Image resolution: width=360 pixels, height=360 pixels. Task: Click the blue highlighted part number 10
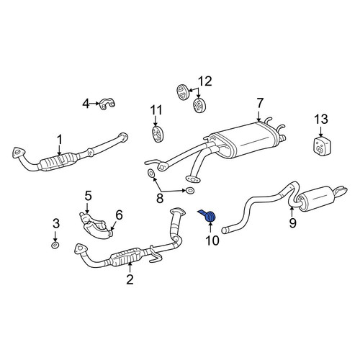208,216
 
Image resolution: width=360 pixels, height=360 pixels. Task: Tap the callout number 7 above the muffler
260,103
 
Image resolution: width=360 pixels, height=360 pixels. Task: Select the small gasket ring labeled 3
55,246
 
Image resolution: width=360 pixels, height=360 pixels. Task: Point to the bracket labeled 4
107,104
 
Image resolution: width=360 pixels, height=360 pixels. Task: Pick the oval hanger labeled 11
158,134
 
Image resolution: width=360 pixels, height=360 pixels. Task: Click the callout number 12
204,81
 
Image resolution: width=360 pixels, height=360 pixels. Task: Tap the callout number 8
160,198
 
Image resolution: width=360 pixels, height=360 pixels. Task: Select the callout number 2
130,279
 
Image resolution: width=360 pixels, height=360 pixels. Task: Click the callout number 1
59,140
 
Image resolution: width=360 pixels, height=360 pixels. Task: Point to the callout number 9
292,223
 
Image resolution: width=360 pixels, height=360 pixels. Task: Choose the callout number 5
89,196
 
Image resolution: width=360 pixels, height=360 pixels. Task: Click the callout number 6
119,215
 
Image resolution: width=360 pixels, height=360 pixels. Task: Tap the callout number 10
212,240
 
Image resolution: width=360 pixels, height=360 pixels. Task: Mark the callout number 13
321,120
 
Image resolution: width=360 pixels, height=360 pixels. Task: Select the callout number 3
55,224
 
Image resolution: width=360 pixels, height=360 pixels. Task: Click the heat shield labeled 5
96,225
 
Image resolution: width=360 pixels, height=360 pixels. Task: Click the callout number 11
156,110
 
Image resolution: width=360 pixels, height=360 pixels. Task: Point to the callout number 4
86,104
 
